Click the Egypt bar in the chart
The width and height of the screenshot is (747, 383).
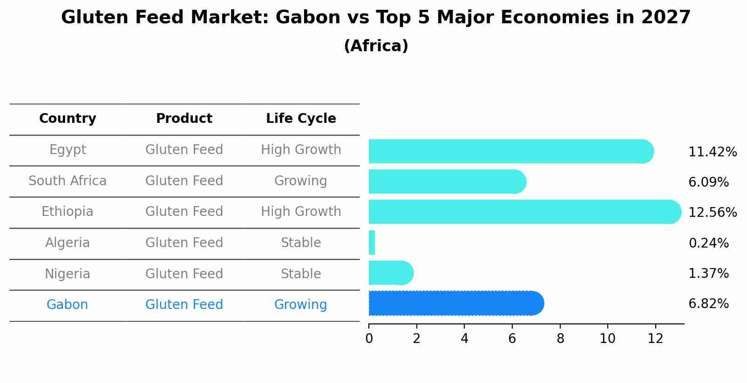510,151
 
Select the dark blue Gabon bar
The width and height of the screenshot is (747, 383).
455,303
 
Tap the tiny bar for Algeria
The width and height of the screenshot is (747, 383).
372,242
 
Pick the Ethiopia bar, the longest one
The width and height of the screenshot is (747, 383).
524,212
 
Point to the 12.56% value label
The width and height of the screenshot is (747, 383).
712,213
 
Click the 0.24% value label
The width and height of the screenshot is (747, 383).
708,243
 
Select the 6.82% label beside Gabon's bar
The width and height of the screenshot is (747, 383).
708,304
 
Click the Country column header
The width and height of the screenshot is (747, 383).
68,119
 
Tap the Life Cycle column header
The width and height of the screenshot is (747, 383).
301,119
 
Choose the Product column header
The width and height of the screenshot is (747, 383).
184,119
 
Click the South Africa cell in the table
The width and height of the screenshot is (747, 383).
68,181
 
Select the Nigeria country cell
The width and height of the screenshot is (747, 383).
68,274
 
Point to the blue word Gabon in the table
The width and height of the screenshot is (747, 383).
67,305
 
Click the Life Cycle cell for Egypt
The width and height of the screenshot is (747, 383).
301,150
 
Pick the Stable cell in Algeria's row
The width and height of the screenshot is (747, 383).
301,243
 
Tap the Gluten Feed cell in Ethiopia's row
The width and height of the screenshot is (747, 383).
184,212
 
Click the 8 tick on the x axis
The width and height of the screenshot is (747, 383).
560,339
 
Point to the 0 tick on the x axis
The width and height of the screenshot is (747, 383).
369,339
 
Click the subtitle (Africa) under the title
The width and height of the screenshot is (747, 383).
376,46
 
